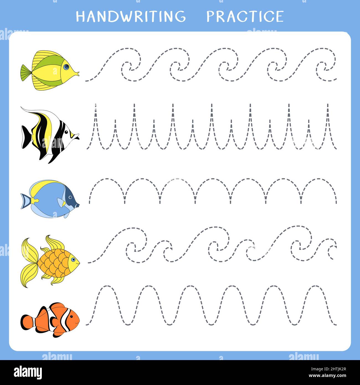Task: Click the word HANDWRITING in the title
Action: tap(131, 16)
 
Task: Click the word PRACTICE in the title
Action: tap(245, 16)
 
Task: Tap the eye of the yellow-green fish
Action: tap(66, 67)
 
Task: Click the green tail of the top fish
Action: tap(26, 73)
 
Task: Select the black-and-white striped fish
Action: tap(50, 134)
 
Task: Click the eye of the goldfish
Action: tap(73, 260)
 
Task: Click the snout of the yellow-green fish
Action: tap(77, 74)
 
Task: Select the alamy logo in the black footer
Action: tap(28, 372)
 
